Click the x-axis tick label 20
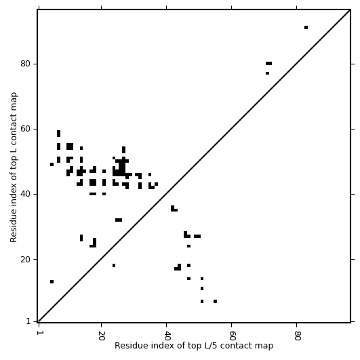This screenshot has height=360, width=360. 102,336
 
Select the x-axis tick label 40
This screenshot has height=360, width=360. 167,336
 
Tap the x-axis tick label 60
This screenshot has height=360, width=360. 232,336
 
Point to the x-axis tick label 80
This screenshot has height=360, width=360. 297,336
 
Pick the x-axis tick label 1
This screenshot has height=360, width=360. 39,334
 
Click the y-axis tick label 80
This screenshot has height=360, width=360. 25,64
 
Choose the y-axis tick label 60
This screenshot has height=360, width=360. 25,129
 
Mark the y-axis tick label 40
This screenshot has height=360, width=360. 25,194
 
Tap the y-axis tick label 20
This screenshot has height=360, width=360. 25,259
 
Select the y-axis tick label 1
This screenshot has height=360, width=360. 28,321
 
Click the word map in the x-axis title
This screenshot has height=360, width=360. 266,346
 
